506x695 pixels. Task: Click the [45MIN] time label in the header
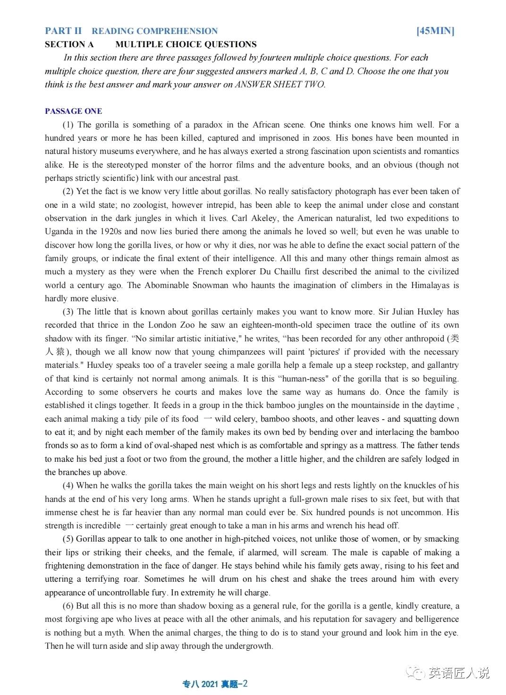point(435,31)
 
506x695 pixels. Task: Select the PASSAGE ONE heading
point(73,111)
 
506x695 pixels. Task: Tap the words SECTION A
point(69,44)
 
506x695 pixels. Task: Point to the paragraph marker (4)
point(68,485)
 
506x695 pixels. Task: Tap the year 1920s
point(110,231)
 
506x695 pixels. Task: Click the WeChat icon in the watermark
point(417,672)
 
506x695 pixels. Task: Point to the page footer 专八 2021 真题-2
point(215,684)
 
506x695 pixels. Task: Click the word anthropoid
point(422,339)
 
